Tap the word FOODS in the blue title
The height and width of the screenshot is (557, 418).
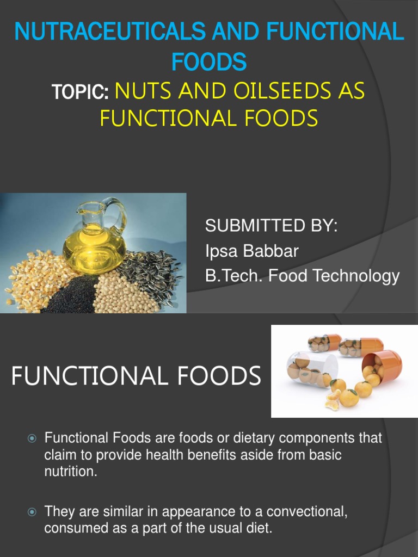pyautogui.click(x=209, y=61)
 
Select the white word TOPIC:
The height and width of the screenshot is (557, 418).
pyautogui.click(x=81, y=93)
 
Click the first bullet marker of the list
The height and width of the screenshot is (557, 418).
pyautogui.click(x=32, y=438)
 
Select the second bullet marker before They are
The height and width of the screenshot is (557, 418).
pyautogui.click(x=32, y=512)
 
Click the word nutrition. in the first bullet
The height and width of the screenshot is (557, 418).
pyautogui.click(x=70, y=472)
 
